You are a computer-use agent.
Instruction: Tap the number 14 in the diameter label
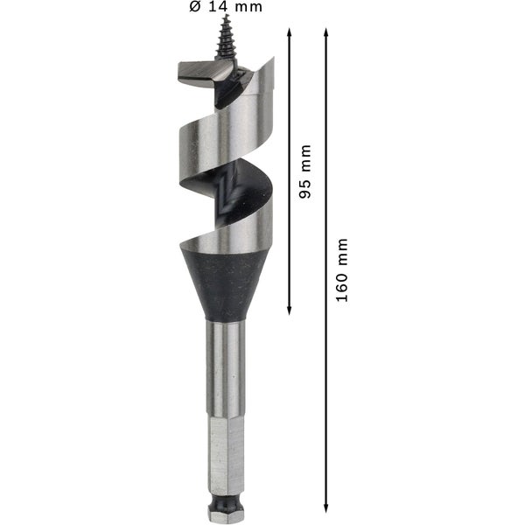click(220, 7)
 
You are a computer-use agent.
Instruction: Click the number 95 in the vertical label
click(305, 187)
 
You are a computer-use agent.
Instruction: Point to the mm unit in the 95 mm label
click(305, 157)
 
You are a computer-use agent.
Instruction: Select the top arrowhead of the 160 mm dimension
click(326, 32)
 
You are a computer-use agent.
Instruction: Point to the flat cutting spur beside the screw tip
click(196, 73)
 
